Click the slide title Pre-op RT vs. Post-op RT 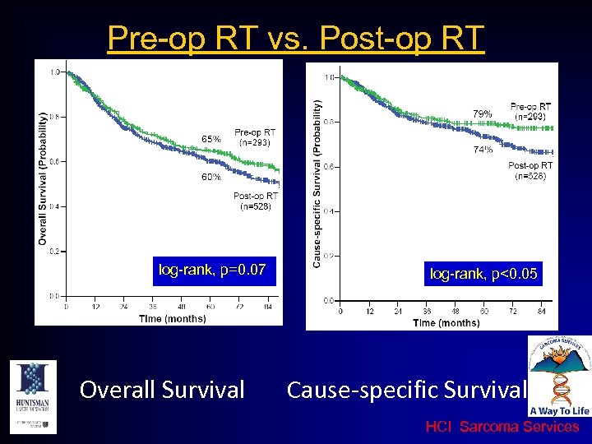click(296, 38)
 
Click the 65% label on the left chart click(211, 139)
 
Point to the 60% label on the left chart click(211, 177)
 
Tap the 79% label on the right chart click(483, 113)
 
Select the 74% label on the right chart click(483, 150)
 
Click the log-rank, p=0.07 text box click(212, 269)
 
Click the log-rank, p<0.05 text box click(484, 274)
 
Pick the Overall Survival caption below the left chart click(162, 389)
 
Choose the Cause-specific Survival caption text click(406, 389)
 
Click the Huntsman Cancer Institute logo click(32, 395)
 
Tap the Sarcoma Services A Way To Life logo click(559, 377)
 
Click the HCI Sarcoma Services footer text click(502, 427)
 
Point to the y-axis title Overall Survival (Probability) click(43, 178)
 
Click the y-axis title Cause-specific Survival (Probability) click(317, 183)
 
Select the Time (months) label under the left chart click(173, 318)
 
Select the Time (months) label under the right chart click(446, 322)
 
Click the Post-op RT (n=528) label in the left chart click(255, 201)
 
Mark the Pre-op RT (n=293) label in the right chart click(530, 112)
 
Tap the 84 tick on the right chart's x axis click(541, 312)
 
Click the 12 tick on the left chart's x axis click(95, 308)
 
